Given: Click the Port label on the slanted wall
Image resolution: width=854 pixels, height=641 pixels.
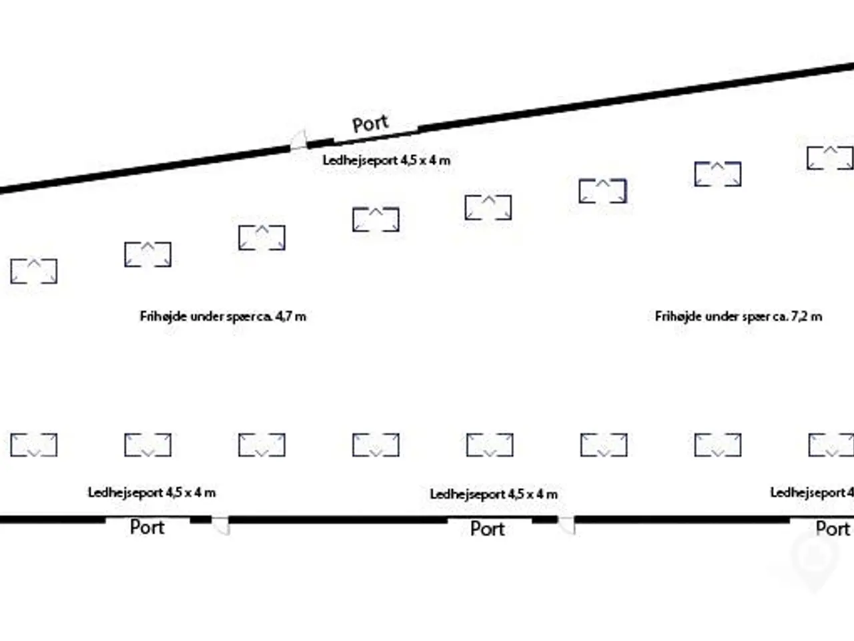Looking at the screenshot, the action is [370, 124].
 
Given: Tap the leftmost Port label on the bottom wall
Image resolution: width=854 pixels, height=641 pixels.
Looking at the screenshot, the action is [147, 527].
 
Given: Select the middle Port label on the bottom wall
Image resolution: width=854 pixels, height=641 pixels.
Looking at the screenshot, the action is [488, 529].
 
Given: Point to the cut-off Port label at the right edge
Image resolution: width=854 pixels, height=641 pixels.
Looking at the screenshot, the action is [833, 529].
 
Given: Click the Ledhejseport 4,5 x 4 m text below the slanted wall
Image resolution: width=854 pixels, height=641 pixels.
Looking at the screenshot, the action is [386, 160].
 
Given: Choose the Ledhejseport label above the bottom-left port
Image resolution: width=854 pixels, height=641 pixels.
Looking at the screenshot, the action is [151, 493].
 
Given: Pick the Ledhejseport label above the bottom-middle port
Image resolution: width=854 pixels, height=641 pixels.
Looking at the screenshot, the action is [494, 494].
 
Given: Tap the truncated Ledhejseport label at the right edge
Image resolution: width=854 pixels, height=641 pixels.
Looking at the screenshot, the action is [812, 493].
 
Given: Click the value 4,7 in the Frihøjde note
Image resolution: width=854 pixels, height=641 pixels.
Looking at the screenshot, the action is [284, 316].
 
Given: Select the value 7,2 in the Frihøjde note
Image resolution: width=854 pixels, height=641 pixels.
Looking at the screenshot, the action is [799, 316].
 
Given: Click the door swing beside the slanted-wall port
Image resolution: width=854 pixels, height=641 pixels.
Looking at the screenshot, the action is [299, 140].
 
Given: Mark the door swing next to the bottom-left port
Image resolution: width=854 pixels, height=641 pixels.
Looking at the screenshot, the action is [221, 525].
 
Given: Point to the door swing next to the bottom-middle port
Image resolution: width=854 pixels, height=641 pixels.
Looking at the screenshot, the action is [566, 525].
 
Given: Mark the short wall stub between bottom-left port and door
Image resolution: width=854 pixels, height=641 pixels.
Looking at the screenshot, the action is [201, 519].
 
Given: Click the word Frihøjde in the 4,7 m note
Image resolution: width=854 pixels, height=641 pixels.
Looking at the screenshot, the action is [163, 316].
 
